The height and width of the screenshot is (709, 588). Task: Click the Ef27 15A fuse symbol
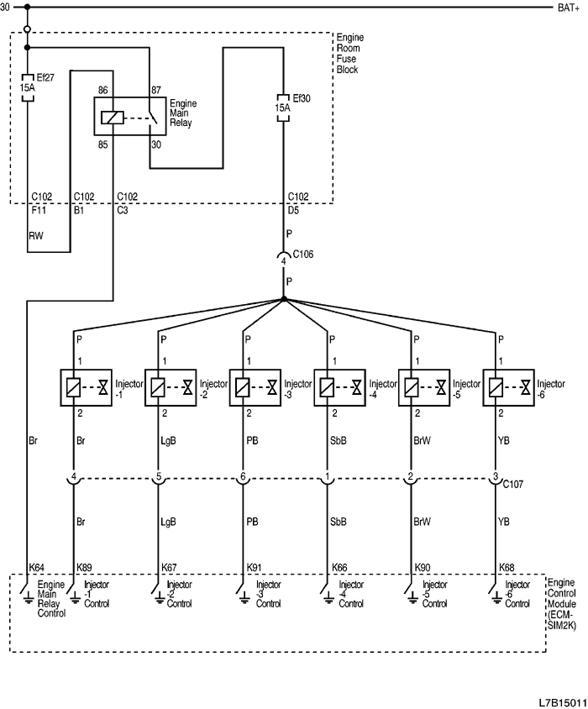(x=27, y=87)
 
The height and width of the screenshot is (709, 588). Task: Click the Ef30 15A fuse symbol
(x=283, y=107)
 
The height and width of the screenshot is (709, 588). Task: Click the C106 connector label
(x=302, y=253)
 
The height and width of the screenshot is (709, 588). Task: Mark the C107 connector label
(x=514, y=485)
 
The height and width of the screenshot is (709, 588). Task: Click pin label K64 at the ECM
(x=37, y=568)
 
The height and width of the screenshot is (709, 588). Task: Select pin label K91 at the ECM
(x=254, y=568)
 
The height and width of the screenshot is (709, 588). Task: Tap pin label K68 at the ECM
(x=507, y=568)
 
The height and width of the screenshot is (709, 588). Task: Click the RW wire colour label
(x=34, y=236)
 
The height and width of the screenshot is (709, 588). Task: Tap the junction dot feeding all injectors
(x=283, y=299)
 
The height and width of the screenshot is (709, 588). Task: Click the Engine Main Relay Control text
(x=51, y=598)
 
